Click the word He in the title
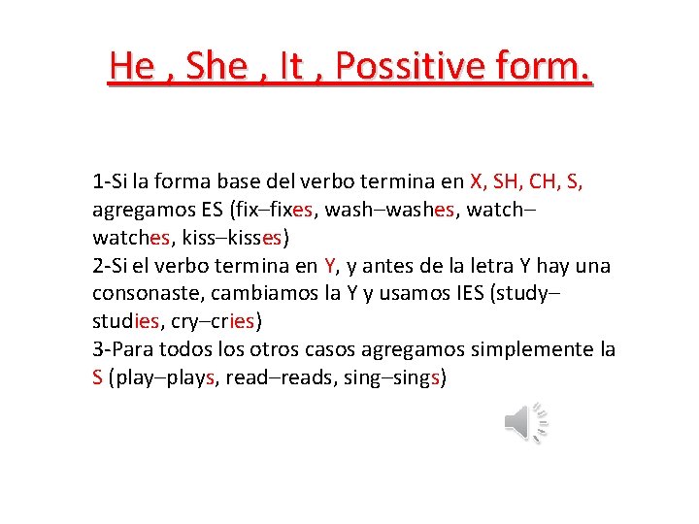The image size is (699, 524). coord(132,66)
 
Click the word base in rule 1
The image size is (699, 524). coord(263,181)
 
